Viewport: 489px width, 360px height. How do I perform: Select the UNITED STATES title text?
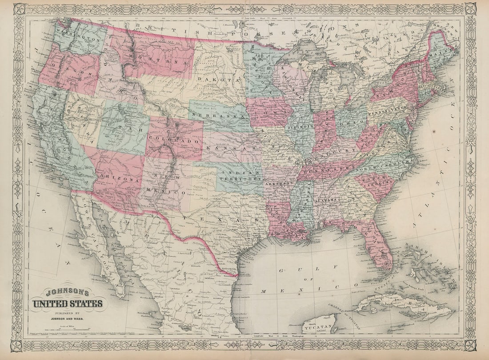[67, 304]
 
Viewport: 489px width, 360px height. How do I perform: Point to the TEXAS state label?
[214, 215]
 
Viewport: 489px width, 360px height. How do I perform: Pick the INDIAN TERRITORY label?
[239, 175]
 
